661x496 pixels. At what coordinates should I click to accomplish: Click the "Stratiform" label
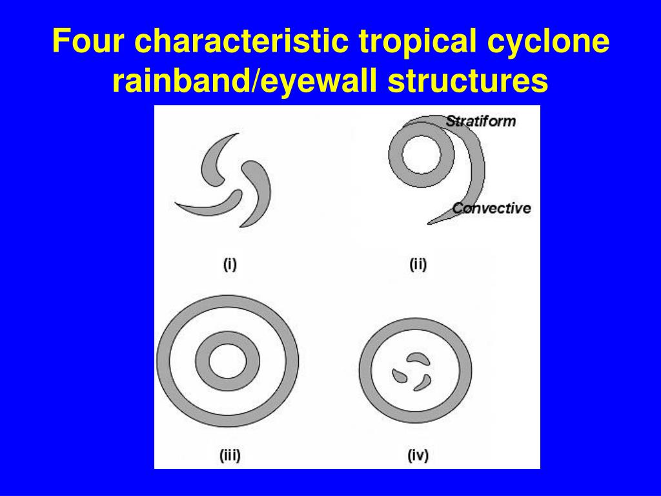tap(481, 121)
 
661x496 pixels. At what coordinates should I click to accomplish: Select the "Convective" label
tap(491, 208)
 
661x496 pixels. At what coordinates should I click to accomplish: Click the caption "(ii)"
tap(418, 264)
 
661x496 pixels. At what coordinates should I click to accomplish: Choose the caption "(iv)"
tap(418, 456)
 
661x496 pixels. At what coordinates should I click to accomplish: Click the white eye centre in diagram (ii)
tap(422, 157)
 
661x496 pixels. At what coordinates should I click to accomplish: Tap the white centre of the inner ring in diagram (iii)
tap(227, 360)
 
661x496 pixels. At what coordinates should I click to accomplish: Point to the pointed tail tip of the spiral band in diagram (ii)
tap(430, 223)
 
